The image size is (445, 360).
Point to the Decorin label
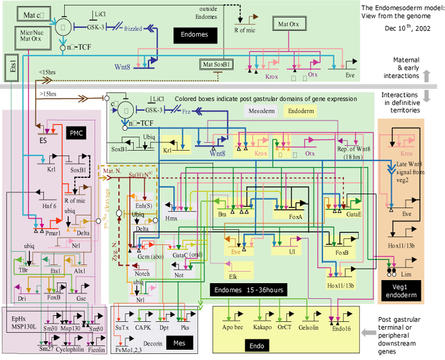[x=153, y=342]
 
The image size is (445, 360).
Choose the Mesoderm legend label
[x=262, y=111]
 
